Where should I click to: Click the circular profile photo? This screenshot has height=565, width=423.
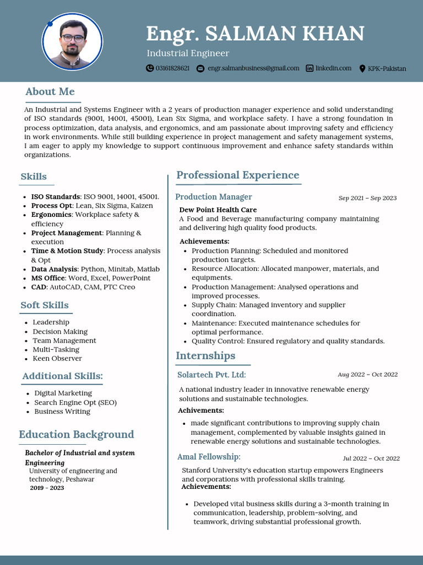tap(72, 42)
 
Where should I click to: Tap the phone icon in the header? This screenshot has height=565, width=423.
tap(150, 68)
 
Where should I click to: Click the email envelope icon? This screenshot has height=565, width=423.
tap(200, 68)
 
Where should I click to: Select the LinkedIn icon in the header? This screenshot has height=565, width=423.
tap(310, 68)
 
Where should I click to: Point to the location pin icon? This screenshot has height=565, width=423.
tap(362, 68)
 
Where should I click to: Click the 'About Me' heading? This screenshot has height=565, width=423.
tap(50, 92)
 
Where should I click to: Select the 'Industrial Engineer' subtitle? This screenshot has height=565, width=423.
tap(188, 54)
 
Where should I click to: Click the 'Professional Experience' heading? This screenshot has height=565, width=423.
tap(237, 175)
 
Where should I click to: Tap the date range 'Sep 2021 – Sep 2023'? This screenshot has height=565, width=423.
tap(367, 198)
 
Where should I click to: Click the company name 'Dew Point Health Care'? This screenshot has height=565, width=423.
tap(218, 210)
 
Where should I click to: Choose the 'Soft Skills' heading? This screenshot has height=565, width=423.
tap(45, 305)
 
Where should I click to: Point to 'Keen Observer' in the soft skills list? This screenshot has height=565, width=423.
tap(57, 359)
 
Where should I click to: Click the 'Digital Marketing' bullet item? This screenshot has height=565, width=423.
tap(63, 393)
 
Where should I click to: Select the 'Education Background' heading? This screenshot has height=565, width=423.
tap(77, 435)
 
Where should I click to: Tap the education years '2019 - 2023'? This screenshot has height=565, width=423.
tap(47, 488)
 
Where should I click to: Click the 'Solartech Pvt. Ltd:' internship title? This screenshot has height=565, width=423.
tap(211, 375)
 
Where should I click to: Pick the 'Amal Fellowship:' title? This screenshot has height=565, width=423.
tap(209, 457)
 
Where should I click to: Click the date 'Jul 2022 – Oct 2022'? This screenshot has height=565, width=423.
tap(371, 459)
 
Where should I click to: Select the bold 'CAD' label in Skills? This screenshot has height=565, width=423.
tap(39, 287)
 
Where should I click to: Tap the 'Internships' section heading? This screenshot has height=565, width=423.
tap(205, 356)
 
